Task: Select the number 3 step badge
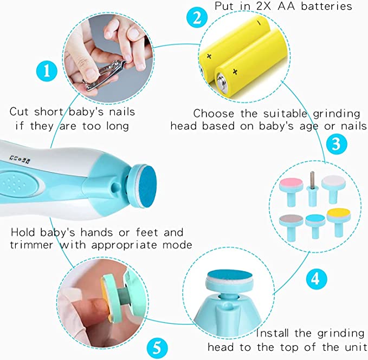tap(336, 145)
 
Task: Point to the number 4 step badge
tap(315, 278)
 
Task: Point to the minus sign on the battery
tap(260, 23)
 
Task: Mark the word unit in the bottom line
tap(352, 346)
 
